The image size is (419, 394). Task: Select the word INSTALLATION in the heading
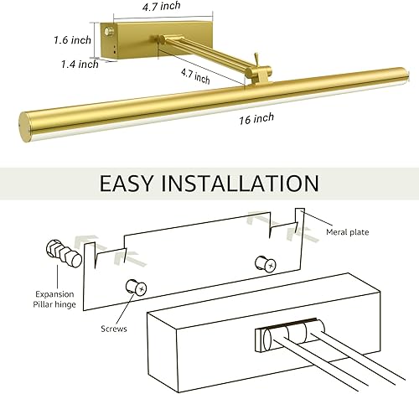tap(243, 183)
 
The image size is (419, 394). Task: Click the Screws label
tap(113, 329)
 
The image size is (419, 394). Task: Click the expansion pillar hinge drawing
tap(64, 252)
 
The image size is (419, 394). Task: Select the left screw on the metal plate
tap(136, 288)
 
